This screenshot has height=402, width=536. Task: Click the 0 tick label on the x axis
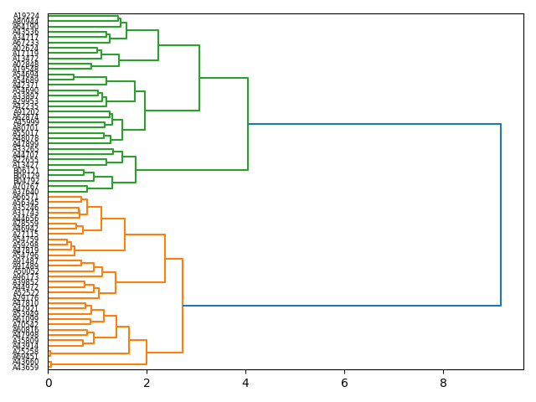[49, 383]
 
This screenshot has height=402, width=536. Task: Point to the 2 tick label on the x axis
[147, 383]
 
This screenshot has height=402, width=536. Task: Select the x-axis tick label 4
[246, 383]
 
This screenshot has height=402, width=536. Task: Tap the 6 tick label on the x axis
[345, 383]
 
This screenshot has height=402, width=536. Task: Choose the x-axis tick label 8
[444, 383]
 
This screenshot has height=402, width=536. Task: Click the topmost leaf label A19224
[26, 16]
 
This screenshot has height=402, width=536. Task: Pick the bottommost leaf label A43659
[26, 368]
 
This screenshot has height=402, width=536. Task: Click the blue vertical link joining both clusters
[501, 214]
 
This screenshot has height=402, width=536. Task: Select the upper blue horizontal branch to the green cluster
[374, 124]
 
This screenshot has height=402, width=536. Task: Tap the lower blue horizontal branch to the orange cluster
[342, 306]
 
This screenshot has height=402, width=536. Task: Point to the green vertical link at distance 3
[199, 78]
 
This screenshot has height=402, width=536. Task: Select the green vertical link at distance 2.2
[158, 45]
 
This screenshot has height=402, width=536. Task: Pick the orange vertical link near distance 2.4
[165, 259]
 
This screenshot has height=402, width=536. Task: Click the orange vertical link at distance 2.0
[147, 352]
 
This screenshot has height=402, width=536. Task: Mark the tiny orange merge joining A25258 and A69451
[49, 353]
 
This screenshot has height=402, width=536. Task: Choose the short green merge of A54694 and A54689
[74, 77]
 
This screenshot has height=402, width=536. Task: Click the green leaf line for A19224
[84, 16]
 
